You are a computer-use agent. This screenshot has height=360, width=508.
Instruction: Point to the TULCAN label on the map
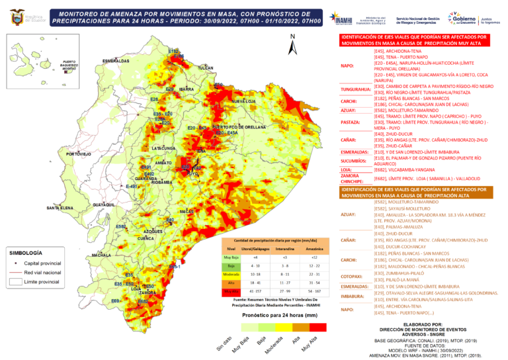coord(206,68)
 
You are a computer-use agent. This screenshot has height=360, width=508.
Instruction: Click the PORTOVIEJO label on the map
coord(79,154)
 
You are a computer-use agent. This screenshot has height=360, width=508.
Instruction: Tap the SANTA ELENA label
coord(60,208)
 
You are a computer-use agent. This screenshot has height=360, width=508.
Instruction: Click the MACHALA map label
coord(101,255)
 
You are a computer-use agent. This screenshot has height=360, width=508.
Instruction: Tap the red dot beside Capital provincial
coord(15,263)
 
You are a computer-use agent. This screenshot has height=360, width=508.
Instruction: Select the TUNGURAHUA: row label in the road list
coord(355,89)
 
